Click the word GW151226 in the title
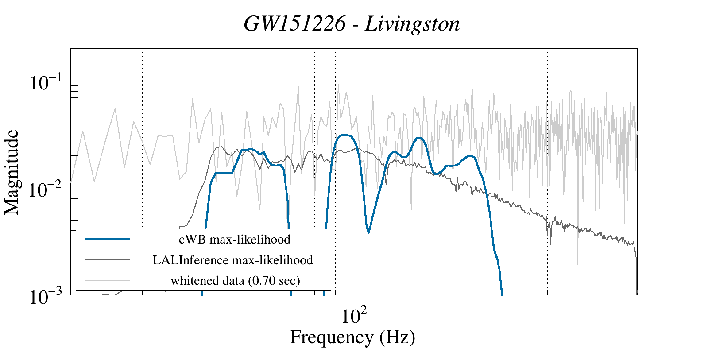tap(294, 24)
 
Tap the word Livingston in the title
tap(412, 24)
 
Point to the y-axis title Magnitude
tap(12, 172)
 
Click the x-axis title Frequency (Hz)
tap(352, 337)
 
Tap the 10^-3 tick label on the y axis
tap(47, 297)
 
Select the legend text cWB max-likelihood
tap(234, 240)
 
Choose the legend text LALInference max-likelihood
tap(233, 260)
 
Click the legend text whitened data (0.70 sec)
tap(235, 280)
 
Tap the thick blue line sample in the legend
tap(108, 239)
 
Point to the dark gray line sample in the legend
tap(108, 259)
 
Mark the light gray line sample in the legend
tap(108, 280)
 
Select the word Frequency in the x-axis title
tap(331, 337)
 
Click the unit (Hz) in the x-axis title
tap(397, 337)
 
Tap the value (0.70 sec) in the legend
tap(272, 280)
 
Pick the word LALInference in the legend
tap(190, 260)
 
